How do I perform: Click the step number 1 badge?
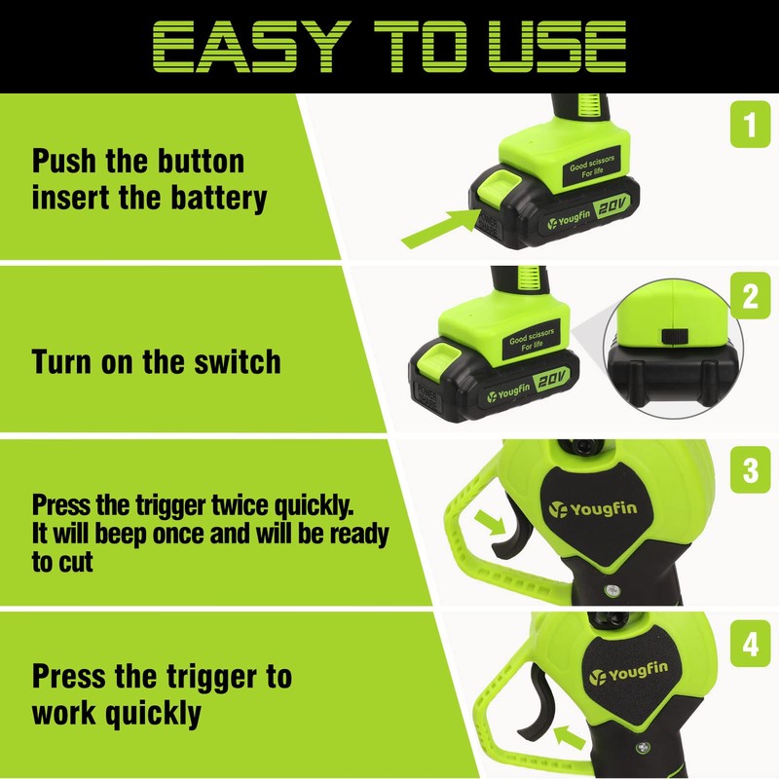pyautogui.click(x=750, y=125)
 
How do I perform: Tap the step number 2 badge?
pyautogui.click(x=750, y=297)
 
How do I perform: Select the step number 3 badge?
pyautogui.click(x=750, y=470)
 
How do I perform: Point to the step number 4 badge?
pyautogui.click(x=750, y=644)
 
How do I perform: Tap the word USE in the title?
pyautogui.click(x=557, y=47)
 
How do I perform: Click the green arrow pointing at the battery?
pyautogui.click(x=441, y=228)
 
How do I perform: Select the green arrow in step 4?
pyautogui.click(x=570, y=737)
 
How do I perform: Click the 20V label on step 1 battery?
pyautogui.click(x=612, y=204)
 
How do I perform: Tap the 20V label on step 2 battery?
pyautogui.click(x=552, y=380)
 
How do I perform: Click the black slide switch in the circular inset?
pyautogui.click(x=674, y=336)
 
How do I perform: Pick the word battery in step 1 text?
pyautogui.click(x=218, y=199)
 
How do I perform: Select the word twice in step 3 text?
pyautogui.click(x=241, y=504)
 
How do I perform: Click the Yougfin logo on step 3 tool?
pyautogui.click(x=593, y=509)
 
